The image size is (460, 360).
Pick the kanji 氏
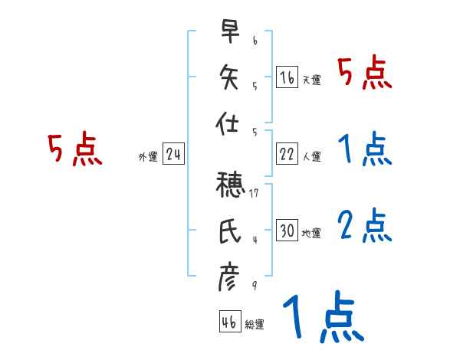(x=228, y=231)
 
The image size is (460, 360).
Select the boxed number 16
(x=287, y=77)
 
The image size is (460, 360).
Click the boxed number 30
(x=287, y=231)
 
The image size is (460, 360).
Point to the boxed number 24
(x=173, y=154)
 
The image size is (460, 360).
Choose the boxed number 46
(x=228, y=322)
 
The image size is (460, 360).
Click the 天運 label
(x=311, y=80)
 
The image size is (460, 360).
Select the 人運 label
(x=311, y=156)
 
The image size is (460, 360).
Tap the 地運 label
(x=311, y=233)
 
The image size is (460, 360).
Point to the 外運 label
(x=147, y=156)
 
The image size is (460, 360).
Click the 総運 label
(x=255, y=324)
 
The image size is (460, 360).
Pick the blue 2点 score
(x=364, y=226)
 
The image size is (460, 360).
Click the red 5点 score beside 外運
(x=74, y=149)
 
